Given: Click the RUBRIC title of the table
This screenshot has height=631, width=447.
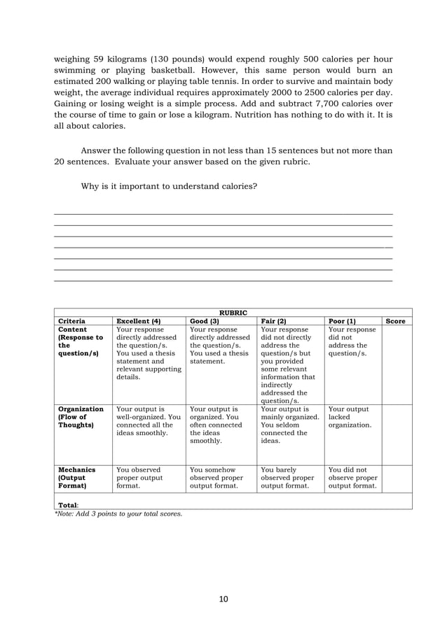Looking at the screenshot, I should coord(233,312).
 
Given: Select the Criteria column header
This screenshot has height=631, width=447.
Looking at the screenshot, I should coord(72,321).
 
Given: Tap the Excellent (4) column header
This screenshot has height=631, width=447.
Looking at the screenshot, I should coord(138,321).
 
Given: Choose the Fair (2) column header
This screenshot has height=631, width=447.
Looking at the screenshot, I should coord(273,321).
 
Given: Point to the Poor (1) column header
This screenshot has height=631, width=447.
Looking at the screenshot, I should coord(342,321).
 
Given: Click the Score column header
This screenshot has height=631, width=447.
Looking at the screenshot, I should coord(396,321).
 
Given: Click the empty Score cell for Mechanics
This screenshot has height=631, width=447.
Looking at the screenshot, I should coord(397,479).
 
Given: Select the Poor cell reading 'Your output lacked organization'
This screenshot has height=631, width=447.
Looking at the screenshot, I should coord(350,417).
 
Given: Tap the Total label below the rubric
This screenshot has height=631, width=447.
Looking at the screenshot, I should coord(68,504).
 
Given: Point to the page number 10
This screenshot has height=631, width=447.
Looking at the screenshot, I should coord(224,599).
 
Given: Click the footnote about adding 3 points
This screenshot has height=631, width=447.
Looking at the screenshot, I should coord(118,513).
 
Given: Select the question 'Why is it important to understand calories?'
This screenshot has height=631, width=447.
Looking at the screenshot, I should coord(169,187).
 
